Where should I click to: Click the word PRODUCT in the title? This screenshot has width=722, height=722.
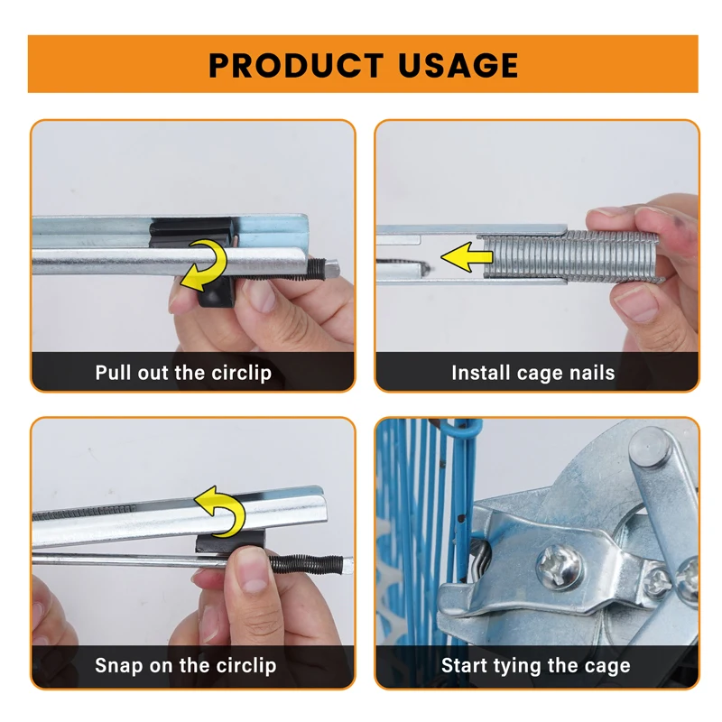pyautogui.click(x=296, y=65)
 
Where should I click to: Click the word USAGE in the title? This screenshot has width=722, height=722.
pyautogui.click(x=458, y=65)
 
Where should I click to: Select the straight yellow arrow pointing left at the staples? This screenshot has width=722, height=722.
pyautogui.click(x=467, y=256)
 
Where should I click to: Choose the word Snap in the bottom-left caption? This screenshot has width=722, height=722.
pyautogui.click(x=119, y=666)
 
